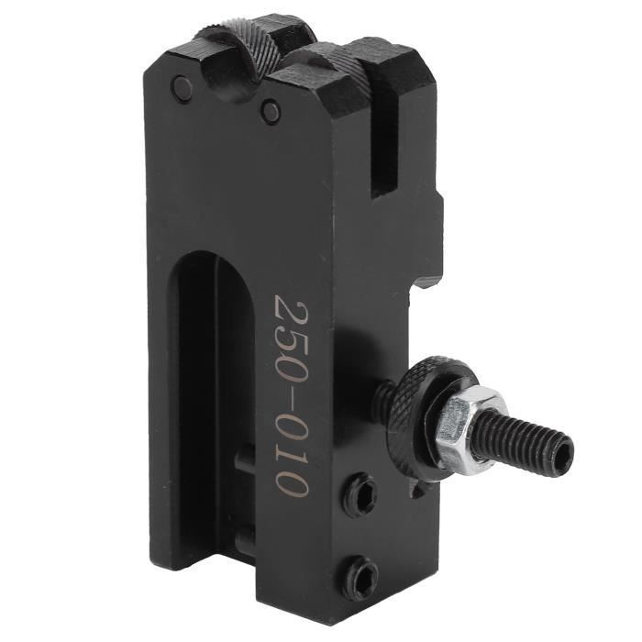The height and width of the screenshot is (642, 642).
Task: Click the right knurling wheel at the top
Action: coord(341,66)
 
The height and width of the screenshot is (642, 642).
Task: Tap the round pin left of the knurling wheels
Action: coord(183,88)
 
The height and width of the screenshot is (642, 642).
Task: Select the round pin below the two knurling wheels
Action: coord(270,112)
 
